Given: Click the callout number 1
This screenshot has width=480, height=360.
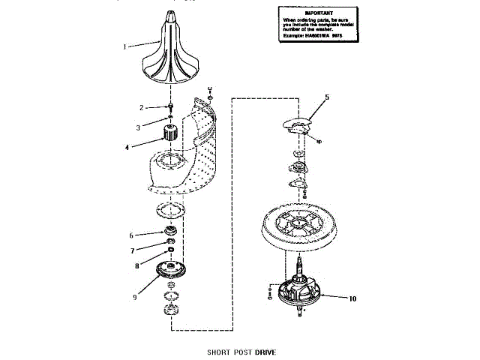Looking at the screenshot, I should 125,46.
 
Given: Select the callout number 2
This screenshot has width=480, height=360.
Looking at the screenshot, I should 140,106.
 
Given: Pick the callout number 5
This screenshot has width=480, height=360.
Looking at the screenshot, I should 327,97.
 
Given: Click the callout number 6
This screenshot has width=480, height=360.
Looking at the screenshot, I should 131,235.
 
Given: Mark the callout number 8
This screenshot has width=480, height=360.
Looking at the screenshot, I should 136,265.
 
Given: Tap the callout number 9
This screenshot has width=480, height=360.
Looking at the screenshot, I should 135,297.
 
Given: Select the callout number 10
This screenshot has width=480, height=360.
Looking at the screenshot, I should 352,298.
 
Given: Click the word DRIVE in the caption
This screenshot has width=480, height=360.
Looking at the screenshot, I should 266,351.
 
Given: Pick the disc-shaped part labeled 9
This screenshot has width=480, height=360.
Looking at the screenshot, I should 172,269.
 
